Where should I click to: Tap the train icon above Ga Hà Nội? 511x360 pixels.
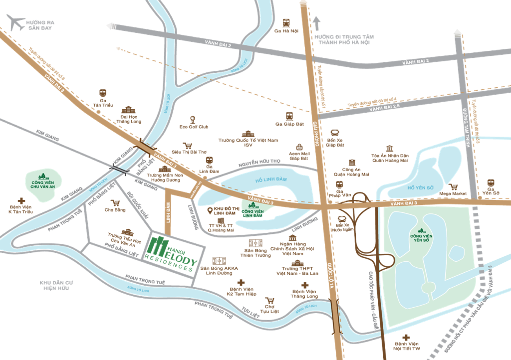[x=286, y=22]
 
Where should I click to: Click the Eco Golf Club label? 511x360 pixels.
[x=194, y=127]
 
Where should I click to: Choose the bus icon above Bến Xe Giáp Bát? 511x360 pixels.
[x=335, y=134]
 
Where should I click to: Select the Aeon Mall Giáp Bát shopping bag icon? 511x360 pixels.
[x=299, y=147]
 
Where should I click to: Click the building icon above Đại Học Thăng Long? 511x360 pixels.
[x=129, y=110]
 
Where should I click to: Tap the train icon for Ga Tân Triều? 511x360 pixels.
[x=103, y=93]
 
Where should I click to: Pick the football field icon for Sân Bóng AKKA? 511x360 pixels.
[x=218, y=261]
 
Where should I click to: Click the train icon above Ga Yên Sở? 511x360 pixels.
[x=491, y=182]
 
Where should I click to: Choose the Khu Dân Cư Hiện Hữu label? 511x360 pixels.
[x=56, y=285]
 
